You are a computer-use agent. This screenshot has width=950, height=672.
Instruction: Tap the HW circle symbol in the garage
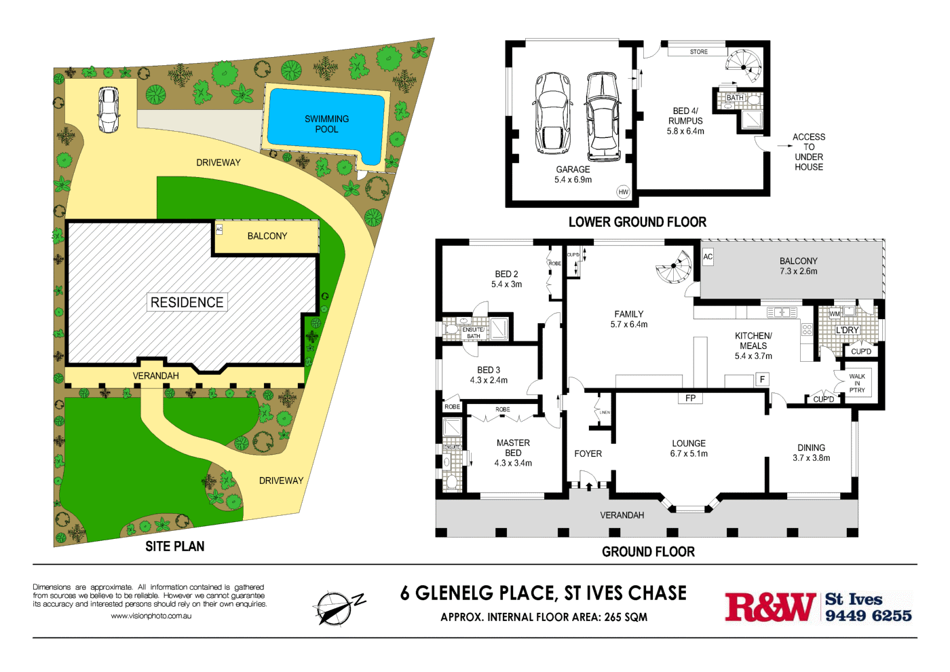[623, 192]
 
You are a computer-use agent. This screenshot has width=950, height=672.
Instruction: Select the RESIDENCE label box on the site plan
[187, 302]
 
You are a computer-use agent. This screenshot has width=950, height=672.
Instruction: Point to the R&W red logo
[769, 607]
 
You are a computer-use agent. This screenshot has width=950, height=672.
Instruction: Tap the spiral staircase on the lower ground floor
[744, 67]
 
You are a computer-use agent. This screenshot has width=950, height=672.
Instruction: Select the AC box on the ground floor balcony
[708, 257]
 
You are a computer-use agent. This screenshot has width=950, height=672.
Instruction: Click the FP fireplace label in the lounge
[690, 398]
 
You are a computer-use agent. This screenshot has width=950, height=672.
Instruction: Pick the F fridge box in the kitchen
[763, 379]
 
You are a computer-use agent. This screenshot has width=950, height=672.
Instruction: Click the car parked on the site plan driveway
[108, 109]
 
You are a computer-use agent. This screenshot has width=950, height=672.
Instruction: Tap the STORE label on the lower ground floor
[698, 52]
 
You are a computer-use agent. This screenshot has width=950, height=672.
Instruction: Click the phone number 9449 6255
[868, 616]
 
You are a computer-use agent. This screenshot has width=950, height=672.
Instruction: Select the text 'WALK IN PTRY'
[857, 383]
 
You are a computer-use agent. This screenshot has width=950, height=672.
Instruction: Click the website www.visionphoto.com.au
[151, 616]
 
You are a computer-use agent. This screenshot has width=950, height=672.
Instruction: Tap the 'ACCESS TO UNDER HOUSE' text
[809, 152]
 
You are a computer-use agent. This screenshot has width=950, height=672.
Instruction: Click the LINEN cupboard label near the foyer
[604, 412]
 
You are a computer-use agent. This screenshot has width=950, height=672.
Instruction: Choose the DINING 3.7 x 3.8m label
[811, 453]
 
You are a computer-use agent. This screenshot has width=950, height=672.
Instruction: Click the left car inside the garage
[552, 113]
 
